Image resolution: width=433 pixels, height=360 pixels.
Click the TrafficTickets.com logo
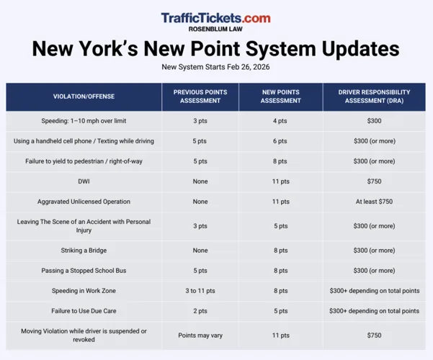tap(215, 18)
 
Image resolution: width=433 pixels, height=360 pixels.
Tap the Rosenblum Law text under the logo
tap(215, 29)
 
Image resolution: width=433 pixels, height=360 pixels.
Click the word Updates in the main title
tap(361, 49)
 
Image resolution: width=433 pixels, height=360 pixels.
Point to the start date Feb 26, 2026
tap(249, 67)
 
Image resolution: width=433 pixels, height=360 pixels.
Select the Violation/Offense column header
tap(84, 96)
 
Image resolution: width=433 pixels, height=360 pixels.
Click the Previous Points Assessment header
tap(200, 96)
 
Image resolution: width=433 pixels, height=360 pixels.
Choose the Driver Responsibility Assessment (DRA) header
tap(374, 96)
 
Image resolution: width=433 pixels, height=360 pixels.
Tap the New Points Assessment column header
tap(280, 96)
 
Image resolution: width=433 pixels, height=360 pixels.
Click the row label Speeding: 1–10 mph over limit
tap(84, 121)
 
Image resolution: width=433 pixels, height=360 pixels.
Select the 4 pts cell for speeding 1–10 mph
tap(280, 121)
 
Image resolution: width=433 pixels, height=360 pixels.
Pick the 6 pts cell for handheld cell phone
tap(280, 141)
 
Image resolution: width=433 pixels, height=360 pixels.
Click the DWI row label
tap(84, 181)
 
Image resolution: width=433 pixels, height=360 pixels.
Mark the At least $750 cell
tap(374, 202)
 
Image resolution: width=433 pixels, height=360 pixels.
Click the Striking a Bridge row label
tap(84, 251)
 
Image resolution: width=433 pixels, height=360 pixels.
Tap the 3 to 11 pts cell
tap(200, 291)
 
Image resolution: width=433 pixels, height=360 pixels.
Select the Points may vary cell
tap(200, 336)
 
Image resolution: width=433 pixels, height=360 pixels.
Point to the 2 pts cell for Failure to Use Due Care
tap(200, 311)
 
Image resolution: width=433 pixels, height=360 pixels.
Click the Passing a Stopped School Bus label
tap(84, 271)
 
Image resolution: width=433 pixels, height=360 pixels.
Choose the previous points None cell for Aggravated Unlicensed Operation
tap(200, 202)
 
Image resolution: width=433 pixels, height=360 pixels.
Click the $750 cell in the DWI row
tap(374, 181)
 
